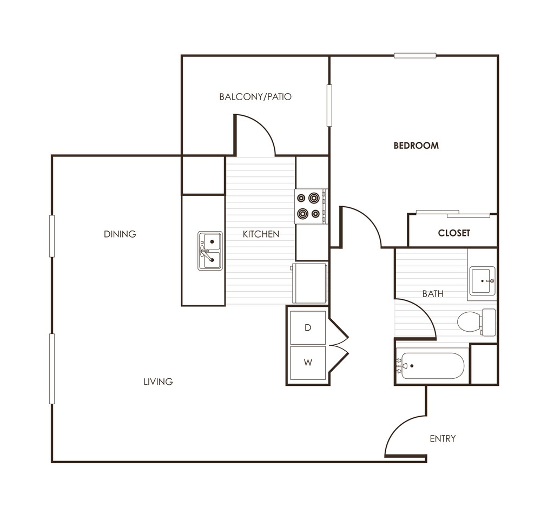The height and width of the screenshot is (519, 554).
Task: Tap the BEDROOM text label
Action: (x=415, y=146)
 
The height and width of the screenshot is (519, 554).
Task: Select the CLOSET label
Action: (x=454, y=233)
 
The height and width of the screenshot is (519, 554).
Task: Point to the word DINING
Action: (x=120, y=234)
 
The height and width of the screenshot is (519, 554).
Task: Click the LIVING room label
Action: (x=158, y=382)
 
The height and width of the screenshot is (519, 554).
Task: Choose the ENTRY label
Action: (x=443, y=438)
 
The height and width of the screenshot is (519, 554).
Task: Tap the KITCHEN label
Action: (x=261, y=234)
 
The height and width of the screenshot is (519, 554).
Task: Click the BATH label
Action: (x=433, y=294)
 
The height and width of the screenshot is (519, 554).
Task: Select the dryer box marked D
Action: (x=308, y=327)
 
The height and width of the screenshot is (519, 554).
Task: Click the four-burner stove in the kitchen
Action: (x=311, y=206)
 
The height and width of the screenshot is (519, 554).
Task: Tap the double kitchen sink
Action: (x=210, y=251)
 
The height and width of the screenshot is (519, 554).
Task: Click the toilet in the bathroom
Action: (x=475, y=322)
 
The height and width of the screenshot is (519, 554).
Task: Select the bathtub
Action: (x=431, y=366)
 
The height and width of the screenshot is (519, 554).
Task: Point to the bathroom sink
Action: (x=482, y=281)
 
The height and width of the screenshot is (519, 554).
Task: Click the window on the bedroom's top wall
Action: (x=415, y=55)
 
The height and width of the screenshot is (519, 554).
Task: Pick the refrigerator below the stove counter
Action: (x=310, y=283)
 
